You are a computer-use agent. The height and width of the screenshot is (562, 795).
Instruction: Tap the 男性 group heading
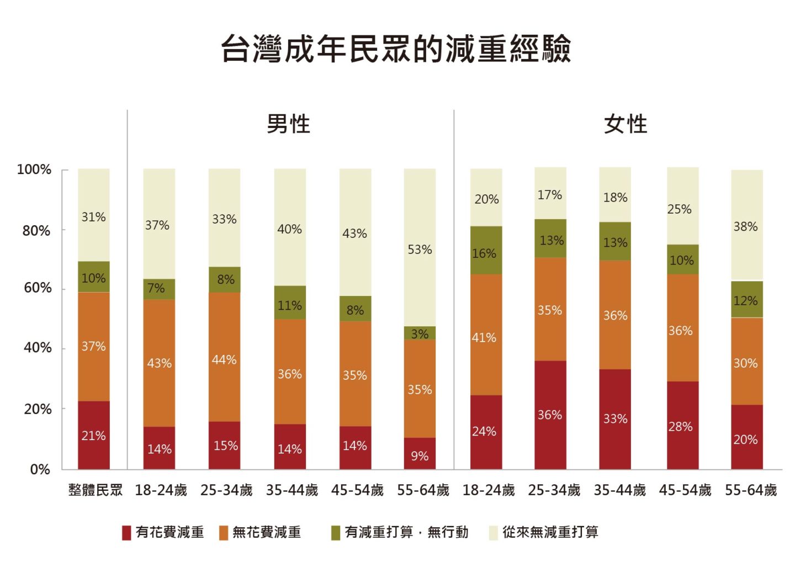(288, 124)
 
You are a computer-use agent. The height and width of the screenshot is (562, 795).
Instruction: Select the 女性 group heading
(625, 124)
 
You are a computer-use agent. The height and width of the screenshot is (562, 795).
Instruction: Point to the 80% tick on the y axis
(36, 230)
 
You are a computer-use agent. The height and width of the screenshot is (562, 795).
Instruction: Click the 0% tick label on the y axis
(40, 469)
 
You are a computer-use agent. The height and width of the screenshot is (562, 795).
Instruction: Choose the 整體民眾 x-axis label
(95, 490)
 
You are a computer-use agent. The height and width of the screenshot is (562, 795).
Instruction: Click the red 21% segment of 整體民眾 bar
(94, 435)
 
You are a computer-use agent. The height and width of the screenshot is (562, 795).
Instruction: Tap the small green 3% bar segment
(420, 333)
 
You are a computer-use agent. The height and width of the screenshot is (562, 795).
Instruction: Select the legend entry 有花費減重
(163, 532)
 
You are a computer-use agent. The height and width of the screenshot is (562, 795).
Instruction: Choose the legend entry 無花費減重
(261, 532)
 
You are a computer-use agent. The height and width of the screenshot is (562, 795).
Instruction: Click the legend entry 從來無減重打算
(544, 532)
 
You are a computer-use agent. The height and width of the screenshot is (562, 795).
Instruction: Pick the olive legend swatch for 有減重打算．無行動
(336, 533)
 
